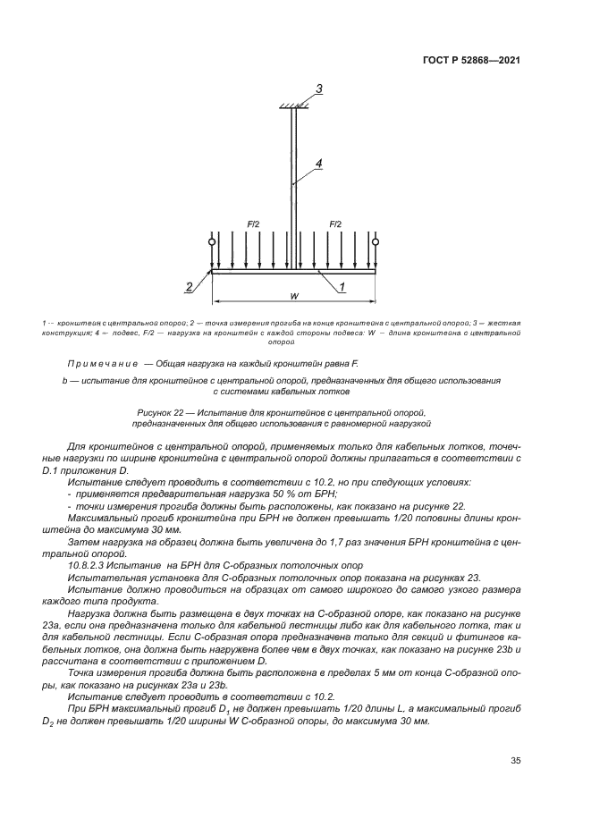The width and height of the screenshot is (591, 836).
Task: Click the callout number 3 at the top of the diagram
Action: pyautogui.click(x=317, y=88)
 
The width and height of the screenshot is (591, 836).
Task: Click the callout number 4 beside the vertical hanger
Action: pyautogui.click(x=317, y=164)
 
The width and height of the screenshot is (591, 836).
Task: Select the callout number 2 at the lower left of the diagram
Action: pyautogui.click(x=189, y=286)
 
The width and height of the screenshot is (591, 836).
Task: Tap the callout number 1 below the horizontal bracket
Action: pyautogui.click(x=341, y=286)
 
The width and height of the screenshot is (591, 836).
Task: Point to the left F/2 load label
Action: pyautogui.click(x=252, y=224)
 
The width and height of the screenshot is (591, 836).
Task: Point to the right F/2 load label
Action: pyautogui.click(x=335, y=224)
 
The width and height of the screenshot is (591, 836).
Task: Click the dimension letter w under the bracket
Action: pyautogui.click(x=294, y=296)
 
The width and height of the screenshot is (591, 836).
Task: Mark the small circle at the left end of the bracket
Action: pyautogui.click(x=212, y=241)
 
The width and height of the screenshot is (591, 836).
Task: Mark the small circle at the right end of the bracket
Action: pyautogui.click(x=376, y=241)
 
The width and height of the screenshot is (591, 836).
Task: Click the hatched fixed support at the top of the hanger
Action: pyautogui.click(x=293, y=106)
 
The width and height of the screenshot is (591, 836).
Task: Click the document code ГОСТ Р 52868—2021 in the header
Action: pyautogui.click(x=470, y=60)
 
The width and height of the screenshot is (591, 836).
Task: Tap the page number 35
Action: pyautogui.click(x=515, y=760)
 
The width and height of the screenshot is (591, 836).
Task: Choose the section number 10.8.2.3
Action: pyautogui.click(x=89, y=566)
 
